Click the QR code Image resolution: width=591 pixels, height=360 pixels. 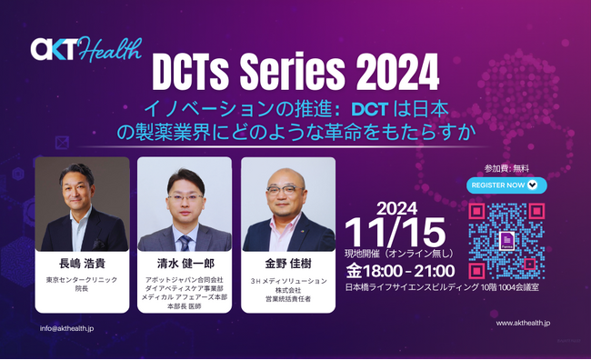pos(506,241)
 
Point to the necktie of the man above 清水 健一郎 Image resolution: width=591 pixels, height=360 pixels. pos(185,241)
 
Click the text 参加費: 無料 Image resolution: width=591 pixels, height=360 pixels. pos(506,168)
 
